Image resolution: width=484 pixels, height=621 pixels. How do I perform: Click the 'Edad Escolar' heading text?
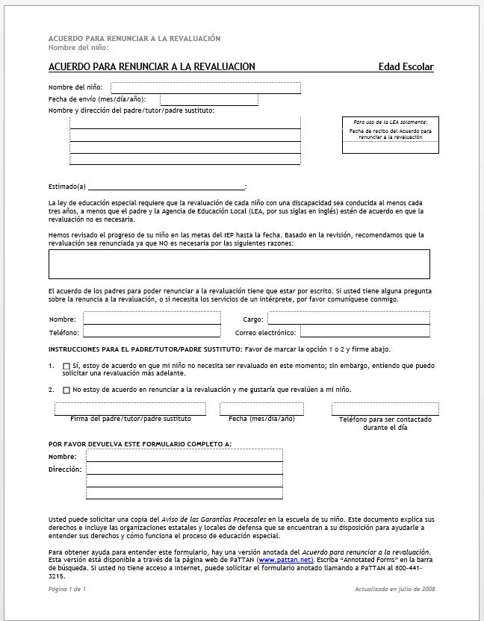[x=406, y=67]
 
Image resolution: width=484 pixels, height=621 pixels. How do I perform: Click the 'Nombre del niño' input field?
[x=205, y=88]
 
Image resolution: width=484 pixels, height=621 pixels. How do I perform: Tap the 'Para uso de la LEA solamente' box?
[x=391, y=135]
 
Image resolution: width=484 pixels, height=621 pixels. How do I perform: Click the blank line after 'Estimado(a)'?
[x=165, y=187]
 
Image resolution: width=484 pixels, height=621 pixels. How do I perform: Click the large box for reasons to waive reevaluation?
[x=239, y=264]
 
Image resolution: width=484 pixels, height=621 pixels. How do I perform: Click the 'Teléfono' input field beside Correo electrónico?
[x=152, y=332]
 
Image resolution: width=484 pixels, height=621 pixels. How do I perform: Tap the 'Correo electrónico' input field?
[x=364, y=332]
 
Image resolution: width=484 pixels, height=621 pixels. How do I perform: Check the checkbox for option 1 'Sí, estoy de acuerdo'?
[x=66, y=366]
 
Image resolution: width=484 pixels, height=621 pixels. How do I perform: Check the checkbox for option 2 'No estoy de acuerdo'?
[x=66, y=390]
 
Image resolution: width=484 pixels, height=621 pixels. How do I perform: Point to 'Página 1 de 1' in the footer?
[x=67, y=590]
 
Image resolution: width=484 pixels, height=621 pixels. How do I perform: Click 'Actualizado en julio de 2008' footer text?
[x=395, y=590]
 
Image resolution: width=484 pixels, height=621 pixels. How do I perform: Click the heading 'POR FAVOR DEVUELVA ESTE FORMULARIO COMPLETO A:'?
[x=140, y=444]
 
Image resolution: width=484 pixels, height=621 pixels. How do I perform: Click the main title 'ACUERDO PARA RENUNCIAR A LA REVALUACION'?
[x=152, y=67]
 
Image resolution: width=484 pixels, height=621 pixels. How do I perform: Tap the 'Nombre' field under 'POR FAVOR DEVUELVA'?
[x=184, y=456]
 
